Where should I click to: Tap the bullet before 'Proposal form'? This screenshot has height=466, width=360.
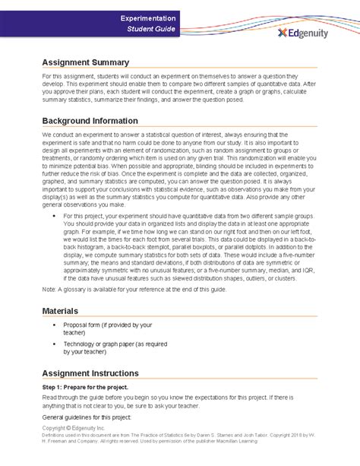(55, 325)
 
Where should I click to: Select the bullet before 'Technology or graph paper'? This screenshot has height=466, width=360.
(55, 345)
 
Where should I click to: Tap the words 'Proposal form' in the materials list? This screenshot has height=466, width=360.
(88, 325)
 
